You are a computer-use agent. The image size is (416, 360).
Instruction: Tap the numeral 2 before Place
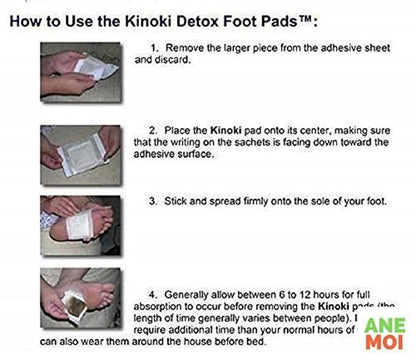152,131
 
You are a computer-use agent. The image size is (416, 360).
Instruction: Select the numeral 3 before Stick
152,201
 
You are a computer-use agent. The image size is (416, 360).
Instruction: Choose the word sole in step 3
308,201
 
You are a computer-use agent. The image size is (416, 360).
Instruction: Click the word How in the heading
28,18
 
